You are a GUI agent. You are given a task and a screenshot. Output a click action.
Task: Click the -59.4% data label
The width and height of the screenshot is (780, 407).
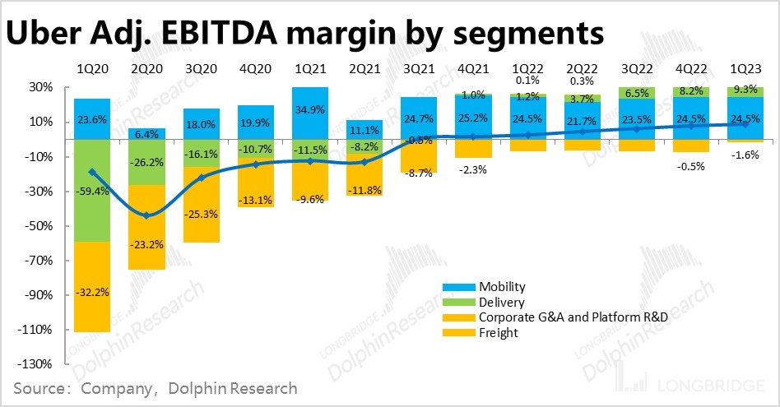pos(92,192)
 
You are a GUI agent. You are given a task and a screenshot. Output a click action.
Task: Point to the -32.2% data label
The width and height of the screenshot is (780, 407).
pos(92,291)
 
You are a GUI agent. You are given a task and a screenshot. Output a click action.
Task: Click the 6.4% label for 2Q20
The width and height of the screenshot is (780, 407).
pos(147,134)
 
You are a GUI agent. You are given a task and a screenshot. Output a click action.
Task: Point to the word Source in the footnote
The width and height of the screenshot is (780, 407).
pos(40,387)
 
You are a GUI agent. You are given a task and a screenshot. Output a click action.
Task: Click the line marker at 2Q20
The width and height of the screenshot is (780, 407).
pos(147,215)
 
